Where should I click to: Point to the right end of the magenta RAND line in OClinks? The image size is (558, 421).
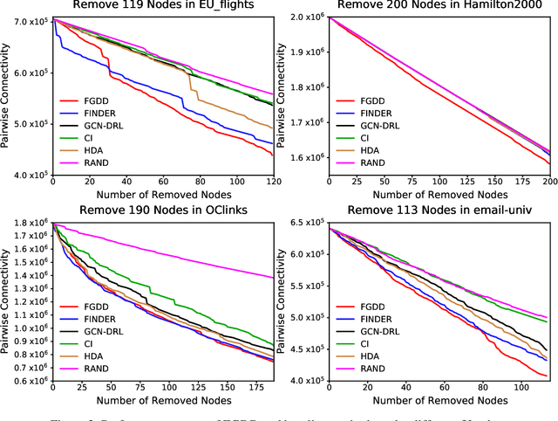[272, 278]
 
